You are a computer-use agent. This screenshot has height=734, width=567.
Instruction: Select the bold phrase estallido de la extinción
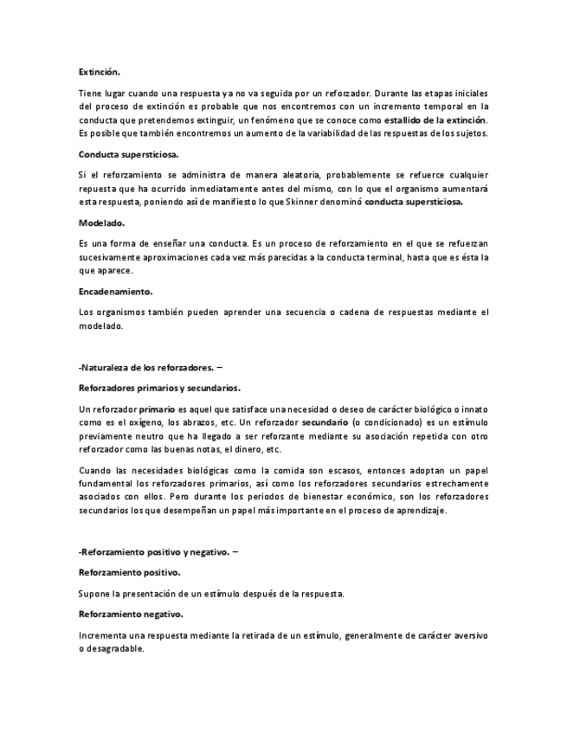(435, 119)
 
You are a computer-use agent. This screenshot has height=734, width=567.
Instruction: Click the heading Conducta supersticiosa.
(129, 154)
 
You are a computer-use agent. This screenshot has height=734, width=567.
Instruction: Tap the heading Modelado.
(102, 222)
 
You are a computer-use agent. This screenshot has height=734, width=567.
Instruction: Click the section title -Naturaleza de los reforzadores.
(146, 367)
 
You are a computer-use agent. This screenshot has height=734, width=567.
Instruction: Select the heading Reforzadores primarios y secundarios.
(159, 388)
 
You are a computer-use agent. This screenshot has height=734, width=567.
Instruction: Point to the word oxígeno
(144, 422)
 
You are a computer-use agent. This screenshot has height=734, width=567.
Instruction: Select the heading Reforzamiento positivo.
(130, 572)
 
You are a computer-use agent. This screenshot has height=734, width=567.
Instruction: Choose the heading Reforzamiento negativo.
(131, 614)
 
